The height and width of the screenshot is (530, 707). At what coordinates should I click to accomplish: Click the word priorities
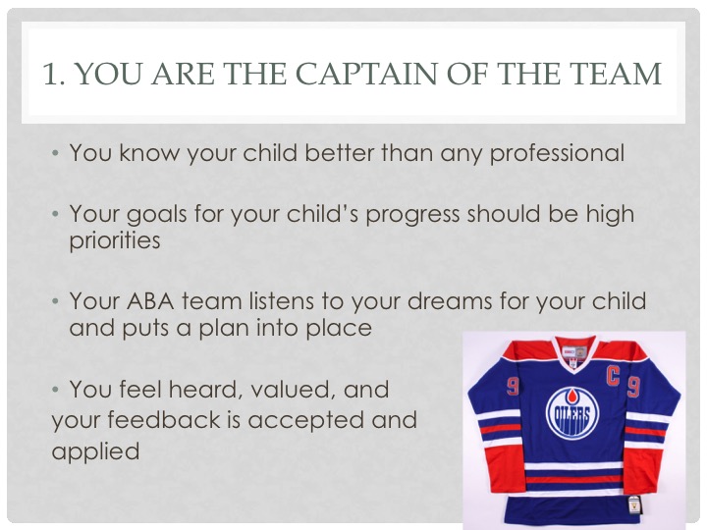click(x=115, y=239)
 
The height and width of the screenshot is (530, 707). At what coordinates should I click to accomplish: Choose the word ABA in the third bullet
click(x=150, y=301)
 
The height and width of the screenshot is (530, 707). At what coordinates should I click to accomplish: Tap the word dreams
click(x=450, y=301)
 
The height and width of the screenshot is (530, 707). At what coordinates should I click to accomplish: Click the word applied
click(x=95, y=451)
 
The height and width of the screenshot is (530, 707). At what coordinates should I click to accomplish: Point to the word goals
click(x=156, y=215)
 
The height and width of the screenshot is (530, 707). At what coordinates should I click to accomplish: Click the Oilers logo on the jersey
click(x=572, y=413)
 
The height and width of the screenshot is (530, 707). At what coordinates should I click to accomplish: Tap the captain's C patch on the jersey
click(x=613, y=377)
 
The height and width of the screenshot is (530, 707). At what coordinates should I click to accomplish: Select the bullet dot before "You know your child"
click(x=55, y=153)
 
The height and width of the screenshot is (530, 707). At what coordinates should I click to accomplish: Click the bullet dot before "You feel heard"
click(x=55, y=389)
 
